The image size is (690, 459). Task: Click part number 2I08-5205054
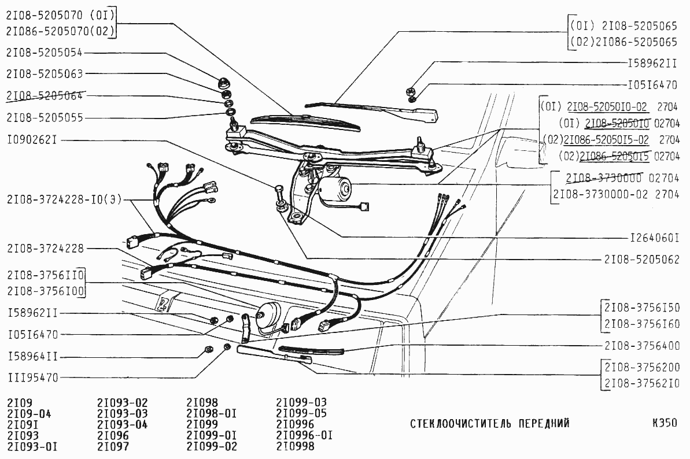click(x=45, y=53)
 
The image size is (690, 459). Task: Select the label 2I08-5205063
click(x=45, y=74)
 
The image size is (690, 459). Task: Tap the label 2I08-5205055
click(x=45, y=117)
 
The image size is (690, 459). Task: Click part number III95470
click(x=32, y=378)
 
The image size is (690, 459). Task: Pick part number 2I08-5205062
click(x=641, y=259)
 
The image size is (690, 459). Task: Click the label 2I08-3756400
click(x=641, y=346)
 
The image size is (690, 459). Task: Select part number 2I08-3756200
click(x=641, y=368)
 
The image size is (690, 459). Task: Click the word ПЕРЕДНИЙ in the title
click(x=544, y=423)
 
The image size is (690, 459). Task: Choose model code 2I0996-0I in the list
click(x=304, y=435)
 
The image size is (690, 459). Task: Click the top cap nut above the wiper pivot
click(x=224, y=80)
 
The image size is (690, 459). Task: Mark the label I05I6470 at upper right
click(x=652, y=84)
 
